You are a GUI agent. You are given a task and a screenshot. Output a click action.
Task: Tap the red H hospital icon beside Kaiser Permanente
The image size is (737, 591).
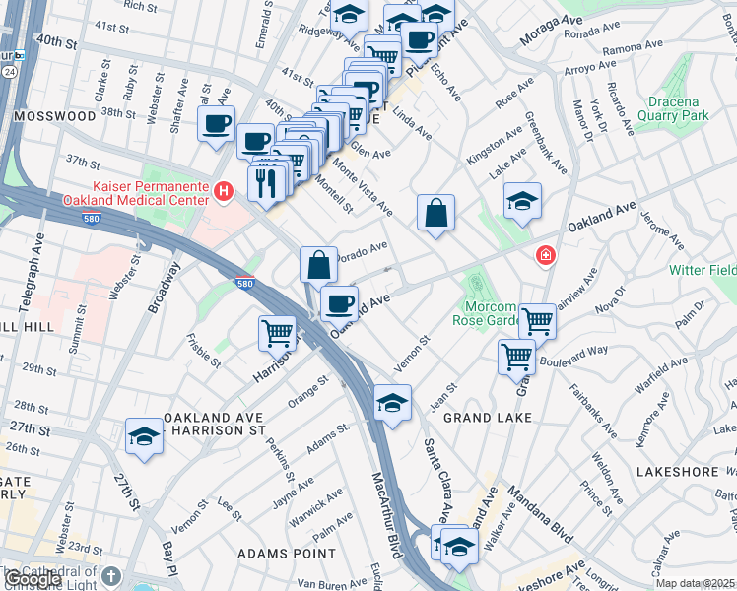coord(225,191)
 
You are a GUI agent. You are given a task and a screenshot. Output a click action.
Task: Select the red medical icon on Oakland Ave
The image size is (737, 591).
coord(543,256)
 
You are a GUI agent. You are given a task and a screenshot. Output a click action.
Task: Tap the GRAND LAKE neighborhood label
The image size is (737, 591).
coord(487,418)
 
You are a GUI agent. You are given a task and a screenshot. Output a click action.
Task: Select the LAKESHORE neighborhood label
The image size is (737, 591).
coord(678,472)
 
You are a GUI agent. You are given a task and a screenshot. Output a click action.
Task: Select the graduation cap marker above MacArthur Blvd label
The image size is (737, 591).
coord(392,402)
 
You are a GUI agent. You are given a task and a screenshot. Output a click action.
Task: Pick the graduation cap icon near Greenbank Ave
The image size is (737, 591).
coord(522,201)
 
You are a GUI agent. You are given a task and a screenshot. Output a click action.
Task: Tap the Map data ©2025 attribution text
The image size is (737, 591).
coord(695,583)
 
